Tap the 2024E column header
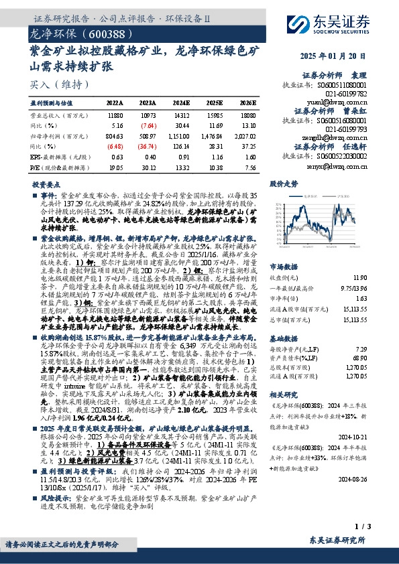(x=182, y=103)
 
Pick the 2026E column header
(x=248, y=103)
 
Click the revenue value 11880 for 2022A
(x=115, y=115)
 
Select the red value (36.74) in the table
(x=148, y=146)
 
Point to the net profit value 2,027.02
(x=245, y=136)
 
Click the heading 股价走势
(x=283, y=182)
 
